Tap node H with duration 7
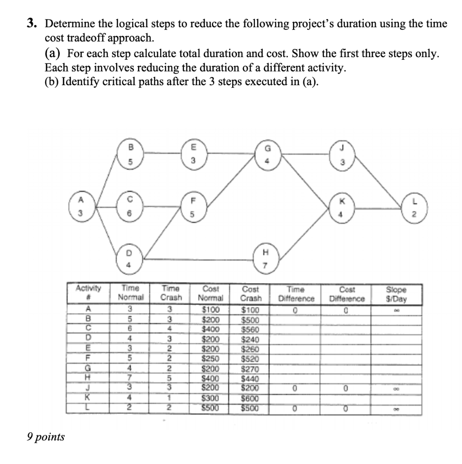pos(266,257)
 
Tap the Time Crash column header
pos(171,293)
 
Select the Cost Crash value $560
pos(251,329)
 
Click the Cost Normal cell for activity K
pos(210,398)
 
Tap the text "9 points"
pos(45,437)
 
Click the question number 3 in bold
pos(31,24)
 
